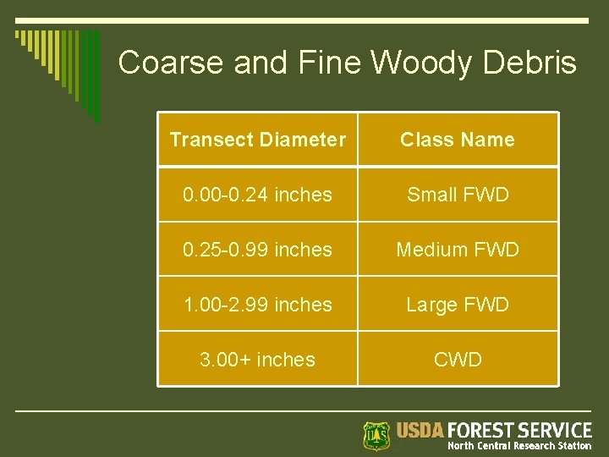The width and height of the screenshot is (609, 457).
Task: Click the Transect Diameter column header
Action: pyautogui.click(x=257, y=140)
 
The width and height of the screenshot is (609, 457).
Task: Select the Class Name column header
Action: pyautogui.click(x=458, y=140)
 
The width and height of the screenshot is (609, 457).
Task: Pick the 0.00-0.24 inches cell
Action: pyautogui.click(x=257, y=195)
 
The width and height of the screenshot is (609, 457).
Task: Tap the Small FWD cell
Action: pyautogui.click(x=458, y=195)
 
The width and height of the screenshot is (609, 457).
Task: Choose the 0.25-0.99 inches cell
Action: pyautogui.click(x=257, y=250)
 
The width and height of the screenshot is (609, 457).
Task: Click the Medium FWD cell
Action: pyautogui.click(x=458, y=250)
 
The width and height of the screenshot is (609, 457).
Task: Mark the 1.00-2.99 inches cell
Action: pyautogui.click(x=257, y=305)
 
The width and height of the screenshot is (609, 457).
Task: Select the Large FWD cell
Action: pyautogui.click(x=458, y=305)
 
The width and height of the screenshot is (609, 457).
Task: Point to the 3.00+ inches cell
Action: pyautogui.click(x=257, y=360)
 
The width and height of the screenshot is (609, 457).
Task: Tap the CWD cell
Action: pyautogui.click(x=458, y=360)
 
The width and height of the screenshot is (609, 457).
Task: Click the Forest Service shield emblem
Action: pyautogui.click(x=376, y=435)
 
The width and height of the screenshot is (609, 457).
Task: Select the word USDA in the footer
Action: pyautogui.click(x=420, y=430)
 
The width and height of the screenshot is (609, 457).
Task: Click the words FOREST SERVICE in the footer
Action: pyautogui.click(x=520, y=430)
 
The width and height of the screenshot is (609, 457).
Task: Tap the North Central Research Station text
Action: pyautogui.click(x=519, y=446)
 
